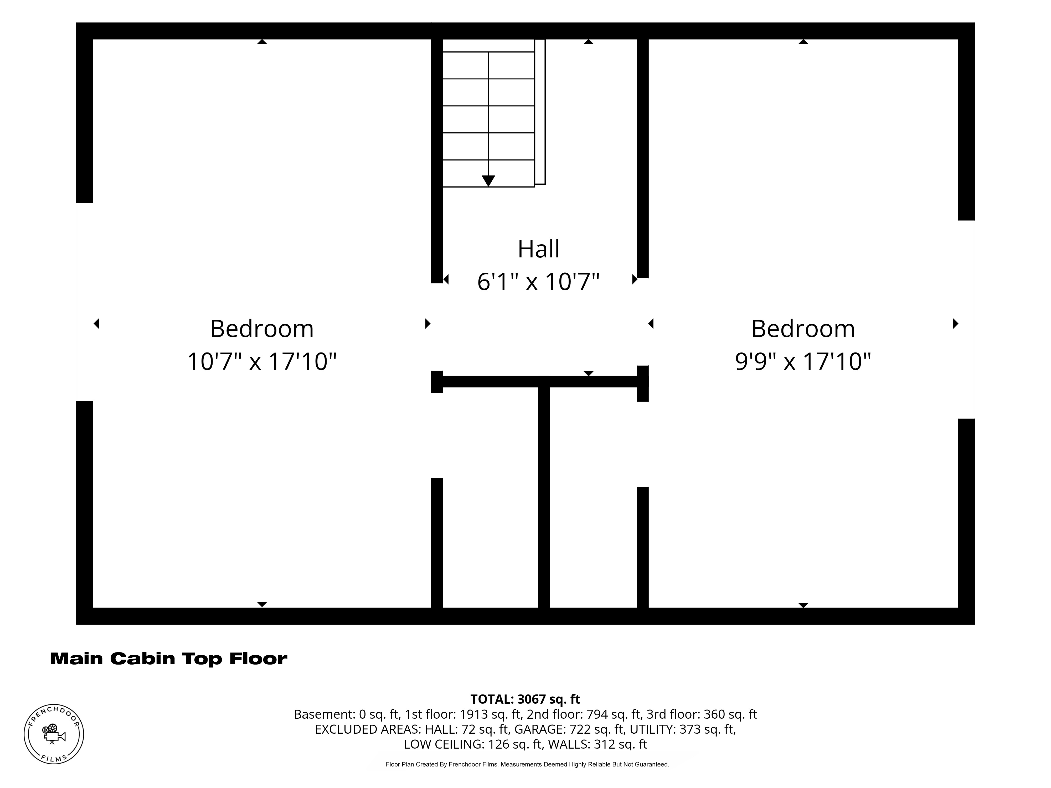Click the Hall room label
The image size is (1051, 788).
point(538,249)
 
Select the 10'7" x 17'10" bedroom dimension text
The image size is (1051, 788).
point(262,361)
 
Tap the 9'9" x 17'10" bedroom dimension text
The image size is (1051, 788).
point(803,361)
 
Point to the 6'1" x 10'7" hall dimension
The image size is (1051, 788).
point(538,282)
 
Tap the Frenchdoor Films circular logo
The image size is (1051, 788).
point(54,734)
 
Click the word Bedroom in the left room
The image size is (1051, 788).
point(262,329)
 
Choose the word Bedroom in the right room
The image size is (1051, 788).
point(803,329)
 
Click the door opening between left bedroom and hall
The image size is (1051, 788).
point(437,327)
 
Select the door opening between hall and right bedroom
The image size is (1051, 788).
point(643,322)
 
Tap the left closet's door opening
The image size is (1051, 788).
point(437,435)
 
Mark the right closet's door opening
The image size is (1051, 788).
point(643,444)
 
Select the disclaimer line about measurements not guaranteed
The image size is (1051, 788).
point(527,765)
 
